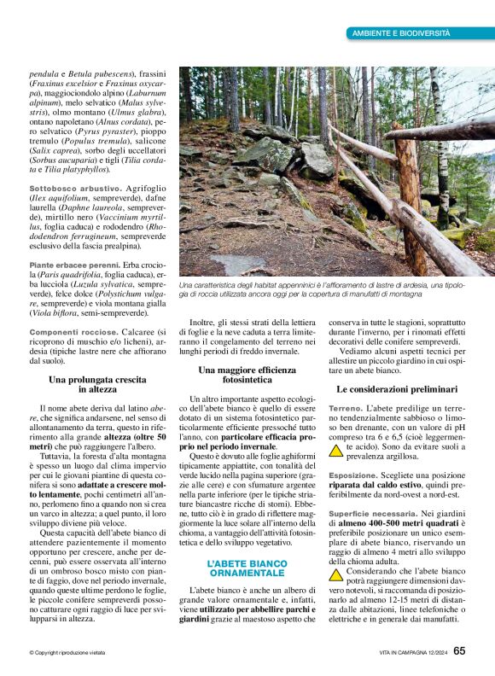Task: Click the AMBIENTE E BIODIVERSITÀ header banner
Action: click(401, 33)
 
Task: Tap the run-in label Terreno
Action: click(345, 409)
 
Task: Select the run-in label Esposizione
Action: click(353, 474)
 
